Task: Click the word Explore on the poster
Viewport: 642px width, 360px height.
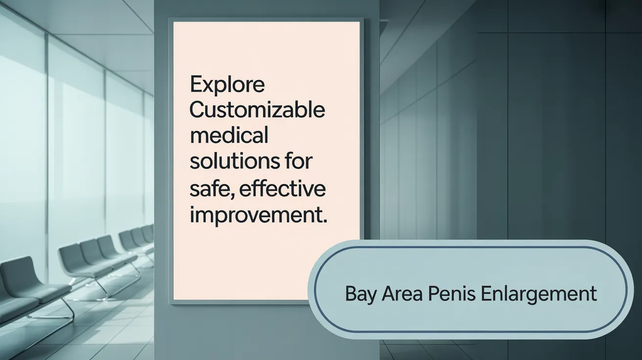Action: pyautogui.click(x=227, y=85)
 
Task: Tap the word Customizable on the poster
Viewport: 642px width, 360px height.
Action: pyautogui.click(x=257, y=111)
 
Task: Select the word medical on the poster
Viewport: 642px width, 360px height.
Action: pyautogui.click(x=229, y=135)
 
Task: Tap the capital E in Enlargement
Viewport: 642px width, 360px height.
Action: pyautogui.click(x=486, y=294)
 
